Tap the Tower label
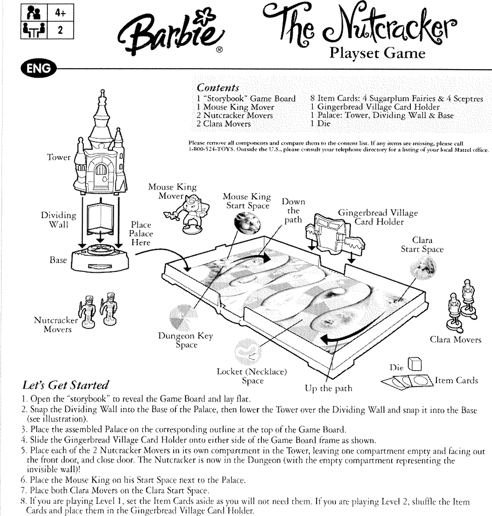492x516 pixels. click(59, 157)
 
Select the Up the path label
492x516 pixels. click(329, 388)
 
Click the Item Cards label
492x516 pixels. click(457, 380)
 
